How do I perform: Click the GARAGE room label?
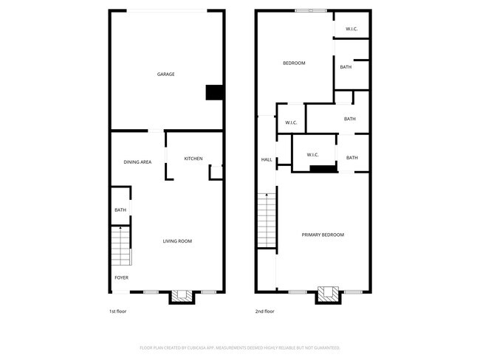165,74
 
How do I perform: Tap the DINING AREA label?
137,162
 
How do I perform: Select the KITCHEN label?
193,159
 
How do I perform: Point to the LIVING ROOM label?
177,241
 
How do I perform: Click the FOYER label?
121,277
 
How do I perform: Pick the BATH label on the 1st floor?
120,210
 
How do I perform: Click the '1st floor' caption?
117,311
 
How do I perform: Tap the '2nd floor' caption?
264,311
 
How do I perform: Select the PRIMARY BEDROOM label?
323,235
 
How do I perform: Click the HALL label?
266,159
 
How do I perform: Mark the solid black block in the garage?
213,92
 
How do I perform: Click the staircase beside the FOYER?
120,246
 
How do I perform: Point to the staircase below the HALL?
266,220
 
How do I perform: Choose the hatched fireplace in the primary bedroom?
328,294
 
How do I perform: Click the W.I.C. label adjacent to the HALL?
290,122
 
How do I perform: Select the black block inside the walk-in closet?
320,169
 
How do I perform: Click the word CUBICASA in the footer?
217,347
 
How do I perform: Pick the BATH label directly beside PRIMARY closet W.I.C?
352,157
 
